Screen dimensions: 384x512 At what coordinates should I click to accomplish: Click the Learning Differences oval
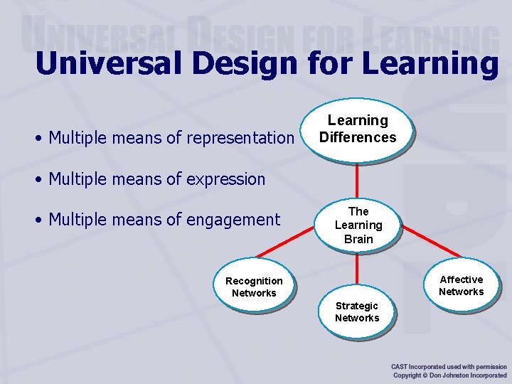[x=357, y=129]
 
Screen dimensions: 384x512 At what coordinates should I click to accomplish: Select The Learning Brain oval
[x=358, y=225]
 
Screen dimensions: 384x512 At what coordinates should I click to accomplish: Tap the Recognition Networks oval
[x=254, y=287]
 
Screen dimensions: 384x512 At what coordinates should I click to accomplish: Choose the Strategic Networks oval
[x=357, y=312]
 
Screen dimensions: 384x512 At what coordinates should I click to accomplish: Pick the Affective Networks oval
[x=461, y=285]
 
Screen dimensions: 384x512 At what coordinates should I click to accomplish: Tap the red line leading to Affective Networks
[x=430, y=245]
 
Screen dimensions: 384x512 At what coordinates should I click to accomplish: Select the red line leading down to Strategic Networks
[x=357, y=270]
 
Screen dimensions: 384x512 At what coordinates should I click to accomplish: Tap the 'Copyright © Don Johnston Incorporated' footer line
[x=449, y=375]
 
